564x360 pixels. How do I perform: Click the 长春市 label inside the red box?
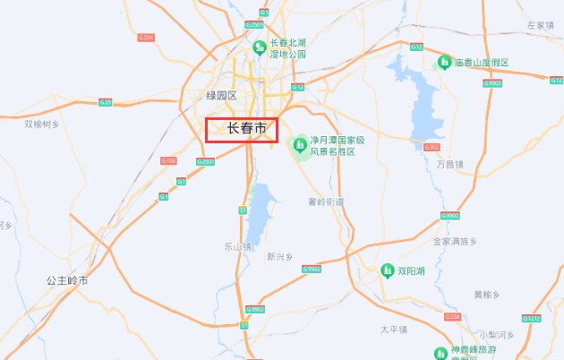pos(247,129)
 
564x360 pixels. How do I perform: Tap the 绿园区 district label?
pos(221,96)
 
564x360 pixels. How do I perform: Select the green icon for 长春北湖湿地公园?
pos(259,47)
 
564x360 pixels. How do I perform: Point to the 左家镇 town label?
pos(542,25)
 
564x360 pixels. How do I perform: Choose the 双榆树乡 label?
pos(42,124)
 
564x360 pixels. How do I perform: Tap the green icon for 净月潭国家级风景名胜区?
pos(301,143)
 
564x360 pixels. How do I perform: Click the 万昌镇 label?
pos(450,165)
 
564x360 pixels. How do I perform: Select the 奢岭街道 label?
pos(325,201)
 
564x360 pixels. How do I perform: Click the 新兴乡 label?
pos(280,256)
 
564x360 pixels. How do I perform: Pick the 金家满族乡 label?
pos(456,242)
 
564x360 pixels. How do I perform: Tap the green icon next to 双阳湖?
pos(388,270)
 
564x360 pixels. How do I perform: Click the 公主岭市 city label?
pos(68,280)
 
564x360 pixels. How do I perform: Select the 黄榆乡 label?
pos(486,294)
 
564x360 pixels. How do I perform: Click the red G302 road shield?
pos(432,147)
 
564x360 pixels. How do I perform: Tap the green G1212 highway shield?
pos(532,319)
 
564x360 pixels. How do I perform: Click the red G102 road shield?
pos(168,160)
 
